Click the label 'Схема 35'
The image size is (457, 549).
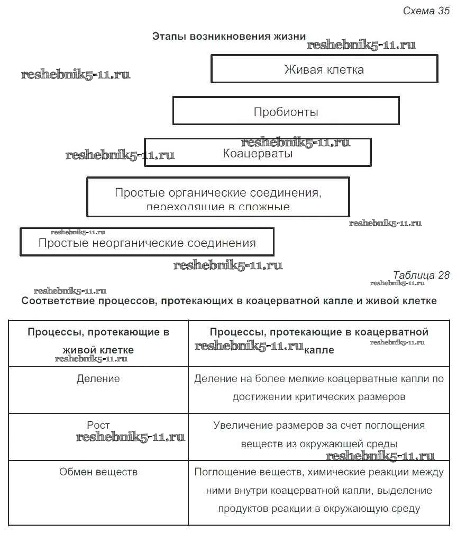tap(426, 11)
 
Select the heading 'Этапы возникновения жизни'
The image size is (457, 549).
tap(229, 37)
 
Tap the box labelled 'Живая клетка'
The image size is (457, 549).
tap(324, 69)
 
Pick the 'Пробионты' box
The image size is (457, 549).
tap(286, 112)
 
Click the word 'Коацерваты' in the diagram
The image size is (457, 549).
tap(258, 154)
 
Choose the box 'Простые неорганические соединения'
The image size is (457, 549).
tap(147, 243)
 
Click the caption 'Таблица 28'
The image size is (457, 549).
tap(421, 274)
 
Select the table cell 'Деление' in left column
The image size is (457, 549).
tap(98, 379)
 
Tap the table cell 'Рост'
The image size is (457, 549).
tap(98, 425)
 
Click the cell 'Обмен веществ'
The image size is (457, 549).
tap(98, 472)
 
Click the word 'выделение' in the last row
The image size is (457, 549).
tap(407, 490)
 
